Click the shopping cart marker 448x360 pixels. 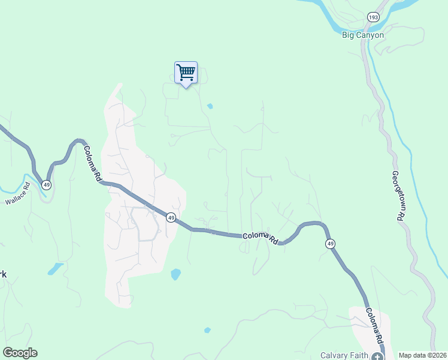[186, 73]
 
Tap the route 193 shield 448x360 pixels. [374, 18]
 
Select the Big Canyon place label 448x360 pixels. [363, 35]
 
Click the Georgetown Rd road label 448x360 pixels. [396, 196]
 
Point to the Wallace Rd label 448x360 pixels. [17, 197]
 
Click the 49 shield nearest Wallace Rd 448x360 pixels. [47, 184]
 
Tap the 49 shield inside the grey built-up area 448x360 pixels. [171, 218]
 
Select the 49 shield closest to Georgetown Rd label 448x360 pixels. [330, 244]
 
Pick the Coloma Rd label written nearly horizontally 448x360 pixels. [261, 238]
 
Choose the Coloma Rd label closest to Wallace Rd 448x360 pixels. [92, 164]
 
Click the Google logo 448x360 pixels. [20, 353]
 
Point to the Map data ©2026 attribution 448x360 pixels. [422, 355]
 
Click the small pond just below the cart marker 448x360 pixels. [210, 107]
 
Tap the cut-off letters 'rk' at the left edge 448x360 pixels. [4, 274]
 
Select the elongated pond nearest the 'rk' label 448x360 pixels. [55, 268]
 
